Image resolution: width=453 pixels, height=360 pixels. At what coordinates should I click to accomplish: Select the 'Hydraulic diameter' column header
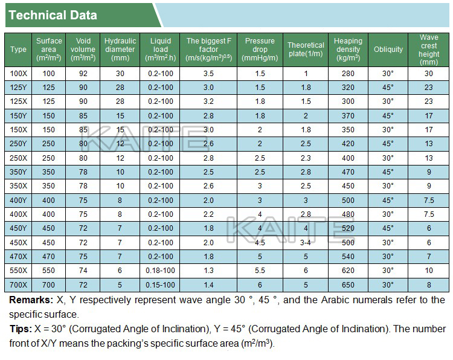click(x=120, y=50)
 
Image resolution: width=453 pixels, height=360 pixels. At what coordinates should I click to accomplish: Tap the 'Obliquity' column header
click(x=388, y=50)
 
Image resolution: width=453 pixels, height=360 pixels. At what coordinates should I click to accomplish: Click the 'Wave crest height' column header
click(x=429, y=50)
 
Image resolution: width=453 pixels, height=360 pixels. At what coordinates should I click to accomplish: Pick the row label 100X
click(x=19, y=73)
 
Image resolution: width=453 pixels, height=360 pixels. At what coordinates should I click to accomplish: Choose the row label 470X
click(x=19, y=257)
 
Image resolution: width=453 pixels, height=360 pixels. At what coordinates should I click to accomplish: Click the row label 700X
click(x=19, y=284)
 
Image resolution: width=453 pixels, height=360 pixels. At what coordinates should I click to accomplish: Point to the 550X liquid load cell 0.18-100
click(x=160, y=271)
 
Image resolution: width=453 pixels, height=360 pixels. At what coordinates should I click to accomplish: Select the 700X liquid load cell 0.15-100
click(x=160, y=284)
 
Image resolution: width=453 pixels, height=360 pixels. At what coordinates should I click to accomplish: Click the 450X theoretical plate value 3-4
click(x=306, y=242)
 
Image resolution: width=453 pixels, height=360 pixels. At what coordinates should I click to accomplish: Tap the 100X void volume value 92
click(x=83, y=73)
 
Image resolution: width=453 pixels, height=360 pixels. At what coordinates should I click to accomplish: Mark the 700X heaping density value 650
click(x=348, y=284)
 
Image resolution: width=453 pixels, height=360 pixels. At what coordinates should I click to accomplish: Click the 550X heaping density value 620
click(x=348, y=271)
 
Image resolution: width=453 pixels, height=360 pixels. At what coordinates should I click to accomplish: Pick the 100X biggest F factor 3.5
click(x=209, y=73)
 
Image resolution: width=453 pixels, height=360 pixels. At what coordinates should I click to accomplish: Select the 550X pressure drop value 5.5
click(x=260, y=271)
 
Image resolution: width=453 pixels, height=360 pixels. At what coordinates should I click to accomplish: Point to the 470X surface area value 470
click(x=49, y=257)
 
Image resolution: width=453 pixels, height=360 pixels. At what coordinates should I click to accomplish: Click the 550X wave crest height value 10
click(x=429, y=271)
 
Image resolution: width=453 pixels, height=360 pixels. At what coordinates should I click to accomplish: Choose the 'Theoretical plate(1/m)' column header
click(x=306, y=50)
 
